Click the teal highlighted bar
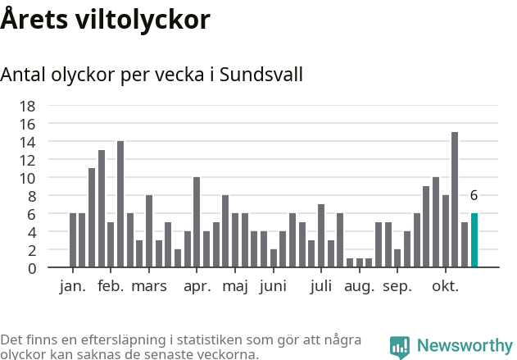(474, 240)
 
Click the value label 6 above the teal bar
(474, 196)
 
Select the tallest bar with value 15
(455, 200)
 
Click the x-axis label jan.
(73, 286)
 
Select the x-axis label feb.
(111, 286)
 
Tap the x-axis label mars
(149, 286)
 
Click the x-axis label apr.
(197, 286)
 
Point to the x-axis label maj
(235, 286)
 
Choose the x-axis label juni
(273, 286)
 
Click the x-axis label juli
(321, 286)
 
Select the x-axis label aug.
(359, 286)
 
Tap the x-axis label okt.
(446, 286)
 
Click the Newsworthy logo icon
(400, 347)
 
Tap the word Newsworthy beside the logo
(464, 346)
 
